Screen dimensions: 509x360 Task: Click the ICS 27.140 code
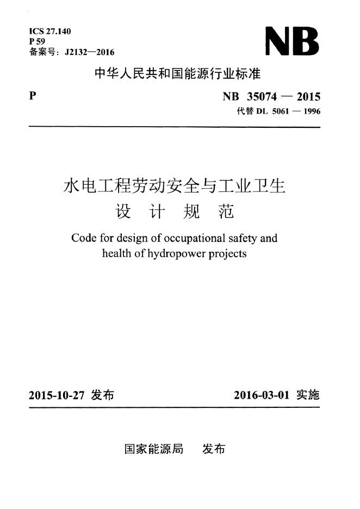click(50, 32)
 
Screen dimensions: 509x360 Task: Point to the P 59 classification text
click(37, 41)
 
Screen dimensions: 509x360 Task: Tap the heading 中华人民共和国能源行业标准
click(178, 74)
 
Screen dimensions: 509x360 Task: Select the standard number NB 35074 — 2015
click(271, 97)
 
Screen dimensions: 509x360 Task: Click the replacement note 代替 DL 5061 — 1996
click(279, 112)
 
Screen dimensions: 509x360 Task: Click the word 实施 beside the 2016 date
click(308, 395)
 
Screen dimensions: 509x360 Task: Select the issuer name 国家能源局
click(154, 449)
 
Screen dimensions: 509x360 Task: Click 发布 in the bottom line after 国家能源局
click(213, 449)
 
